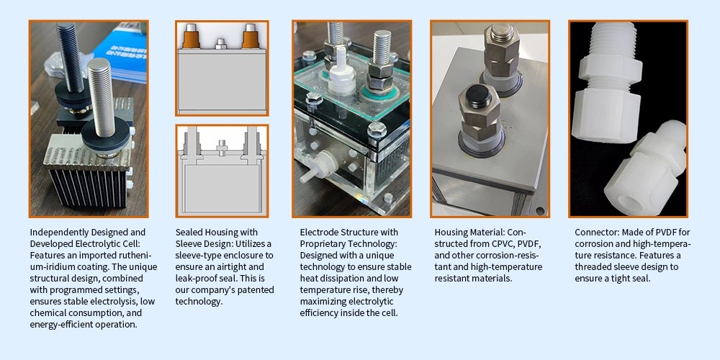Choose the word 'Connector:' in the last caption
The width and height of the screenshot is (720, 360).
[x=595, y=232]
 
